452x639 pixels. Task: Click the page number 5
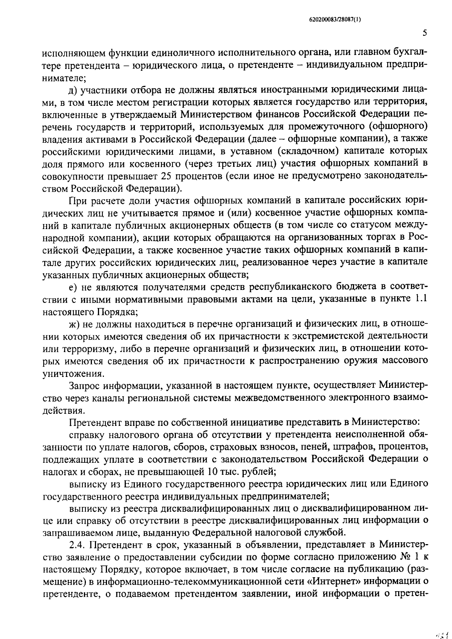425,33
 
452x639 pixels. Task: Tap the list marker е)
73,287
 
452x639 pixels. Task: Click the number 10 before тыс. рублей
214,471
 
